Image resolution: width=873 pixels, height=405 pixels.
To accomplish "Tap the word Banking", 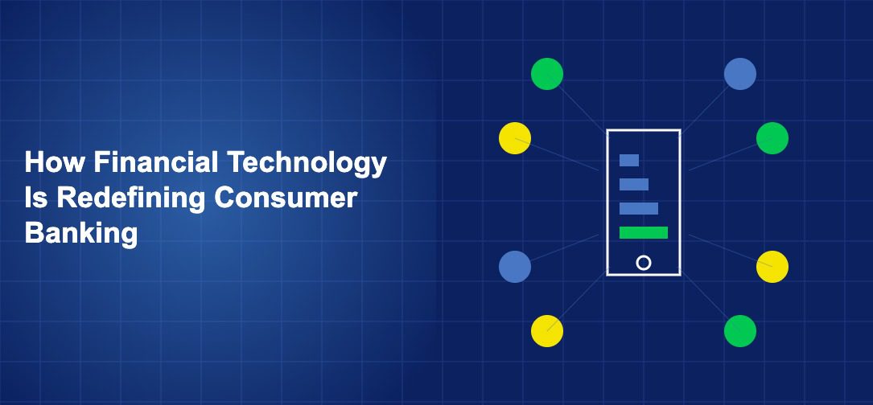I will tap(81, 234).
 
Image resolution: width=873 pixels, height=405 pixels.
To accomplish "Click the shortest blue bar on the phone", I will tap(629, 160).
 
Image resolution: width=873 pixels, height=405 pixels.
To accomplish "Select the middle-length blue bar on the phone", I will tap(634, 184).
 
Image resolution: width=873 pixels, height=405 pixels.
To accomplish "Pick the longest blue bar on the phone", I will tap(639, 208).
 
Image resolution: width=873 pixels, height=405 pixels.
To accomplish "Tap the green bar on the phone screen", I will tap(644, 232).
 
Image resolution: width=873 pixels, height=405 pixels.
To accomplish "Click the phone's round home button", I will tap(644, 262).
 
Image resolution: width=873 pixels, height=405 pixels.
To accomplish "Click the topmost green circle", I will tap(547, 74).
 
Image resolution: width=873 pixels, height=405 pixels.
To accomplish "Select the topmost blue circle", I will tap(740, 74).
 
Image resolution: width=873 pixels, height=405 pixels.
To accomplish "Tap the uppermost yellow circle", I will tap(515, 138).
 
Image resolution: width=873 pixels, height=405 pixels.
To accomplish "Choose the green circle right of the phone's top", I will tap(772, 138).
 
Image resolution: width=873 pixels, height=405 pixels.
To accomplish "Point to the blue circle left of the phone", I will tap(515, 267).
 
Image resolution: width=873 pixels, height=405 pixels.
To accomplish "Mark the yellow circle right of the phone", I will tap(772, 267).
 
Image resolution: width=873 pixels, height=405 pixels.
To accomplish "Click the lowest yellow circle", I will tap(547, 330).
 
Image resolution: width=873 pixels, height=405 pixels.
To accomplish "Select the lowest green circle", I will tap(740, 330).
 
